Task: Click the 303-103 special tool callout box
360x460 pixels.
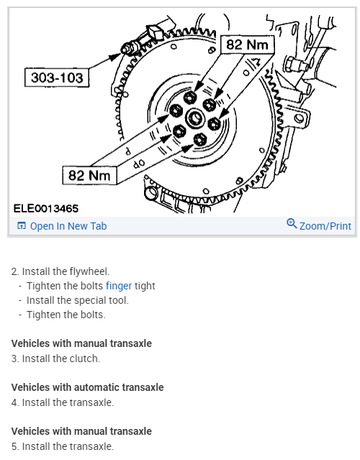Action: pos(57,78)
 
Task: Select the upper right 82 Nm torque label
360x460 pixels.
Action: pos(247,45)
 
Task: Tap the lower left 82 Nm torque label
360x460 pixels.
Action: pos(89,175)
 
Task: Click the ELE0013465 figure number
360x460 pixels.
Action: pos(46,209)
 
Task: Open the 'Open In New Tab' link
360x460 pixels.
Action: pos(68,226)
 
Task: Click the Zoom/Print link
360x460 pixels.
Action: pos(325,226)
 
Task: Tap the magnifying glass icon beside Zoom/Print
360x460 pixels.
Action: pos(292,224)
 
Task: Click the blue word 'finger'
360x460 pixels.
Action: pos(119,286)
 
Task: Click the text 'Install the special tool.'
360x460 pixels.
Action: pos(78,300)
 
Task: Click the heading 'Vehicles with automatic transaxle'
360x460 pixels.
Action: pos(87,387)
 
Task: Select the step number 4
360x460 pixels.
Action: pos(15,402)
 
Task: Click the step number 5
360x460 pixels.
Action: pos(15,446)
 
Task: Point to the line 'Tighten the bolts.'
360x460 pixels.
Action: pos(66,315)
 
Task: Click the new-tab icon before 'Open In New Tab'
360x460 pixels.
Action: pos(22,225)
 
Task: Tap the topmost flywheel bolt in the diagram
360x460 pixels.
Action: pos(190,97)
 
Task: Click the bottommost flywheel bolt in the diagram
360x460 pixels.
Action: pos(200,139)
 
